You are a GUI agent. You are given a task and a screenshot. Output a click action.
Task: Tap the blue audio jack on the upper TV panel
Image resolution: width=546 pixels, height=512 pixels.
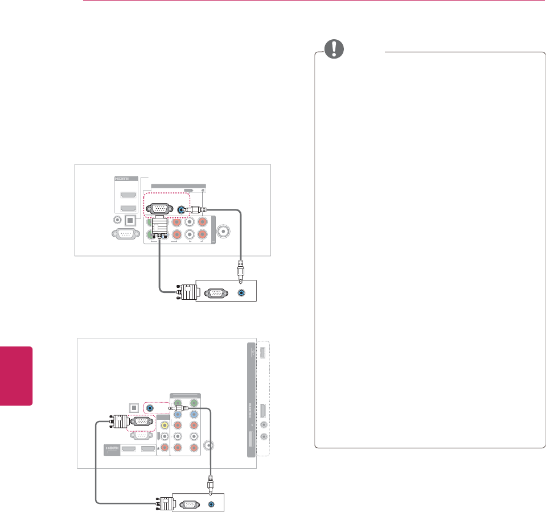click(182, 209)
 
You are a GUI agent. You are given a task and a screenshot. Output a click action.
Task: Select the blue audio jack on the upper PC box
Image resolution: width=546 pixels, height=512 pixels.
click(243, 294)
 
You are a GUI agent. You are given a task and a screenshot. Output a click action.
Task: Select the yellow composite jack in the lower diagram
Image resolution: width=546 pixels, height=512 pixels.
click(165, 424)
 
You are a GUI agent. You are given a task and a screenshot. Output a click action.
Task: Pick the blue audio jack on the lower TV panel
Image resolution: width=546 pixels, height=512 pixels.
click(150, 408)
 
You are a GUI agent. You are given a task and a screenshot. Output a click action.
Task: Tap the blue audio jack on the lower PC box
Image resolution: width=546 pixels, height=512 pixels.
click(213, 503)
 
